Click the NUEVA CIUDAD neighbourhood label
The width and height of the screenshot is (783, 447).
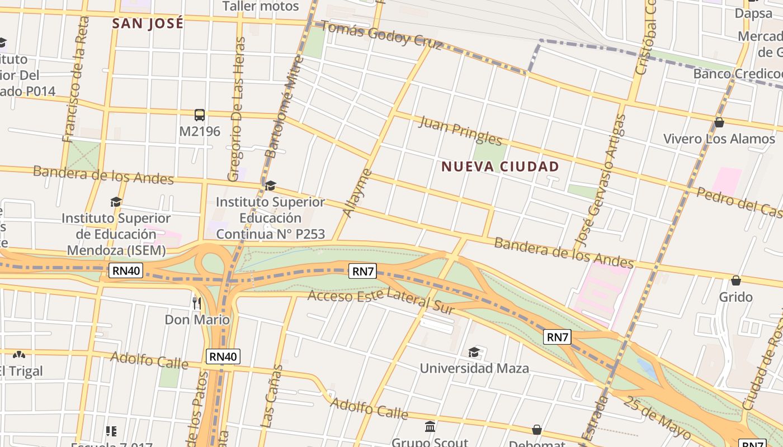pos(500,167)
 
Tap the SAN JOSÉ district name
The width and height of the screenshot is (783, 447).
pos(148,23)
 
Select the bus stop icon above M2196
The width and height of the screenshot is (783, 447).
pos(200,115)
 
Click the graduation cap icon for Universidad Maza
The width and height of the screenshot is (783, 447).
pos(474,352)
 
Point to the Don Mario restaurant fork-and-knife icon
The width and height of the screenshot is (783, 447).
pos(196,303)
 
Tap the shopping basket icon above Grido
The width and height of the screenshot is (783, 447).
pos(736,280)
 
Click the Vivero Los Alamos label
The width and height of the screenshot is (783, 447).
pos(719,139)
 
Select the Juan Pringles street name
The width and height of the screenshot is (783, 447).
pos(460,130)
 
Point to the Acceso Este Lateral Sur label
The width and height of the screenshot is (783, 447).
pos(381,299)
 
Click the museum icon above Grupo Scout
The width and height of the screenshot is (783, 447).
pos(430,426)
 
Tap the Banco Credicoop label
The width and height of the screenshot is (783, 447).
pos(737,74)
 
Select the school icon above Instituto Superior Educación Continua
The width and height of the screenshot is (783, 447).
pos(270,186)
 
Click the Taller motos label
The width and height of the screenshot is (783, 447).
pos(261,7)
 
